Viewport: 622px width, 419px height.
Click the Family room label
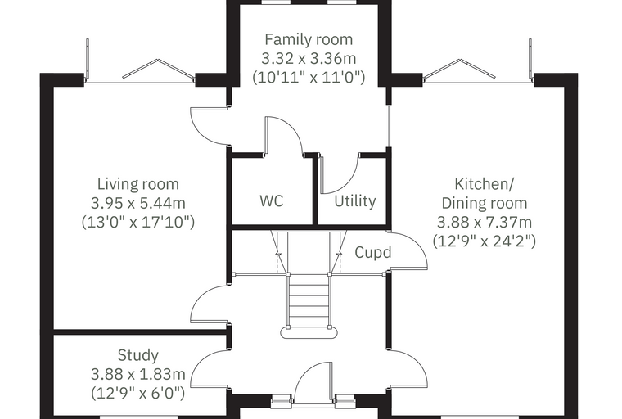(309, 39)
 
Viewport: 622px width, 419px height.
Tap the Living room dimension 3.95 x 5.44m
(138, 203)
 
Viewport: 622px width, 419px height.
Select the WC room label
(272, 200)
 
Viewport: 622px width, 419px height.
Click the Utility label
(354, 201)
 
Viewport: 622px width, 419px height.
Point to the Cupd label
(373, 252)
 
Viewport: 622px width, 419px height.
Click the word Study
(138, 355)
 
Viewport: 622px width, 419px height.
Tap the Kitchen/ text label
(484, 184)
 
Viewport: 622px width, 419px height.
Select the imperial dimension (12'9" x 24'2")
(484, 241)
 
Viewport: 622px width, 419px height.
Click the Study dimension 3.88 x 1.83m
(138, 374)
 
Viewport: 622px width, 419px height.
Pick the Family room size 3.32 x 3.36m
(309, 59)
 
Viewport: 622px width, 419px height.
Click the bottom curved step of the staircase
(309, 331)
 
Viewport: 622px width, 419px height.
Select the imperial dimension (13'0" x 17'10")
(138, 222)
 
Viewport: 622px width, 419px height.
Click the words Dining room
(484, 203)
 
